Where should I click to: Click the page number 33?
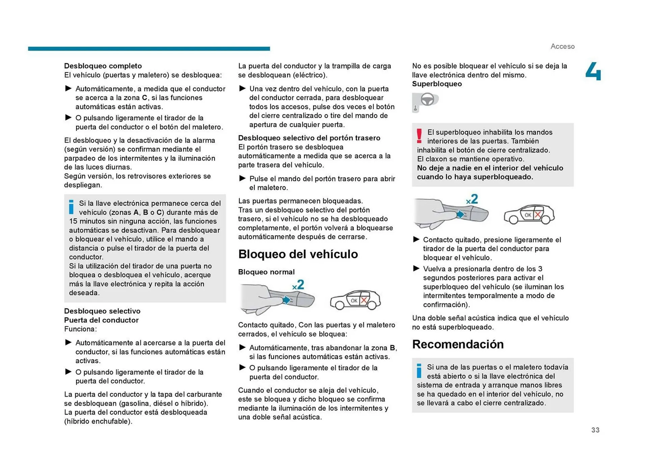(595, 430)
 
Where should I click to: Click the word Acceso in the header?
(562, 46)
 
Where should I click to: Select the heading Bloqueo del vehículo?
(298, 254)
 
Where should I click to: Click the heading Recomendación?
(458, 344)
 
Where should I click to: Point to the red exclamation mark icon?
(419, 136)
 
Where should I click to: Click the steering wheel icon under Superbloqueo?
(427, 100)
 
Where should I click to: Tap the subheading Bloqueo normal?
(266, 272)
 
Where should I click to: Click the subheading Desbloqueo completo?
(103, 66)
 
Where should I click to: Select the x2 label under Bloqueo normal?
(298, 285)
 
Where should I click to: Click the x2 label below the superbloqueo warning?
(472, 199)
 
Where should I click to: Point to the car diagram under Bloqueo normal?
(355, 300)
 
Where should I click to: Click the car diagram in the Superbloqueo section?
(529, 214)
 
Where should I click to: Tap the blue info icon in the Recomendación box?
(419, 371)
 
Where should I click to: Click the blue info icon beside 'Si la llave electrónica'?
(71, 207)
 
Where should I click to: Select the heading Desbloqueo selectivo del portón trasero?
(309, 138)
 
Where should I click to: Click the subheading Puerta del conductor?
(101, 320)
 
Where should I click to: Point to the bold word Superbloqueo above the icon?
(437, 84)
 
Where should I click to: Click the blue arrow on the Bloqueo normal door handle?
(287, 300)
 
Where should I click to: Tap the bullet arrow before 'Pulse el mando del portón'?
(242, 178)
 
